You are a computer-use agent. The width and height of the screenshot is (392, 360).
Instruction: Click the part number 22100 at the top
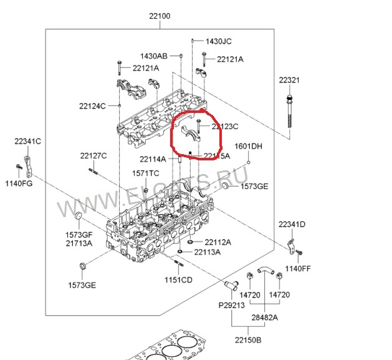pyautogui.click(x=160, y=16)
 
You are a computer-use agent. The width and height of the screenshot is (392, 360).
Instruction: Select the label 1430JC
pyautogui.click(x=219, y=41)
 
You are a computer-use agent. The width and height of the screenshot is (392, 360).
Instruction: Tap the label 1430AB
pyautogui.click(x=153, y=55)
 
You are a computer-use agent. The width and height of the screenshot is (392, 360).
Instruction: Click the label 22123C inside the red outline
pyautogui.click(x=225, y=126)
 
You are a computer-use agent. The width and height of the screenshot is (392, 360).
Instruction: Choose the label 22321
pyautogui.click(x=289, y=80)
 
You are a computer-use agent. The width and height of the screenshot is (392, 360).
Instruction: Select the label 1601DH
pyautogui.click(x=248, y=147)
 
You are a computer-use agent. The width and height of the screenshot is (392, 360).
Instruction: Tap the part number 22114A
pyautogui.click(x=153, y=158)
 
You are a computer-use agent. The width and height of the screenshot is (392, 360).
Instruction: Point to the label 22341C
pyautogui.click(x=28, y=142)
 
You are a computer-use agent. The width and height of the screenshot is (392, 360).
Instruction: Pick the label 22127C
pyautogui.click(x=93, y=155)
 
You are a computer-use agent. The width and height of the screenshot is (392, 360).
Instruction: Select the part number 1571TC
pyautogui.click(x=145, y=173)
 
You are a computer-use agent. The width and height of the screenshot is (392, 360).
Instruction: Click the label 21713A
pyautogui.click(x=80, y=243)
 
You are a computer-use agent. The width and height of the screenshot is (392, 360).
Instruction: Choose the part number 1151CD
pyautogui.click(x=178, y=280)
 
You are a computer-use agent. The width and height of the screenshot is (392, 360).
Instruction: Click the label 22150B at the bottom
pyautogui.click(x=248, y=340)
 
